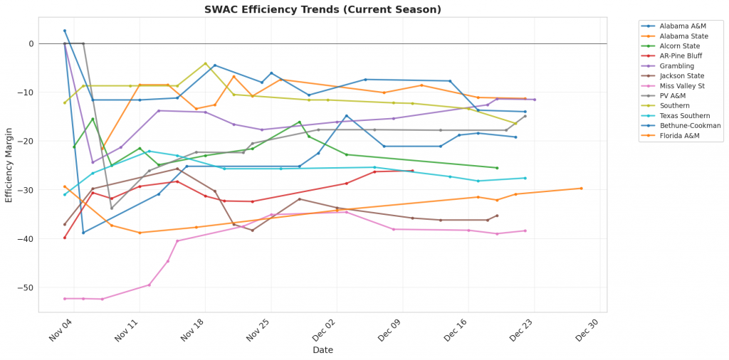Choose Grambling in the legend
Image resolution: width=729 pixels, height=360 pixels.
[x=676, y=66]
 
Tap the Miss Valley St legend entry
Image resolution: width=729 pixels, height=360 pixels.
[x=682, y=86]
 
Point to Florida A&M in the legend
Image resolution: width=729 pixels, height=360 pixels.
[x=680, y=136]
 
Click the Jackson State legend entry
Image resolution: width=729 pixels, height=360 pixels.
[x=681, y=76]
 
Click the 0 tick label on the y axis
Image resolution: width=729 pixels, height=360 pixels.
[x=31, y=44]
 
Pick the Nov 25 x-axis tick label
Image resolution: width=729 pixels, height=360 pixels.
[x=258, y=329]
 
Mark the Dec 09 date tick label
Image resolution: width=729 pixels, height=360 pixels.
[x=389, y=329]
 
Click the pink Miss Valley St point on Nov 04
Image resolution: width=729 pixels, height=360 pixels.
[x=65, y=299]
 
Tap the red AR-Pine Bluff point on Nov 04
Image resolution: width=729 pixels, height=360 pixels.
[x=65, y=238]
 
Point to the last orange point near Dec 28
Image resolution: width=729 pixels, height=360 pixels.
[x=581, y=189]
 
